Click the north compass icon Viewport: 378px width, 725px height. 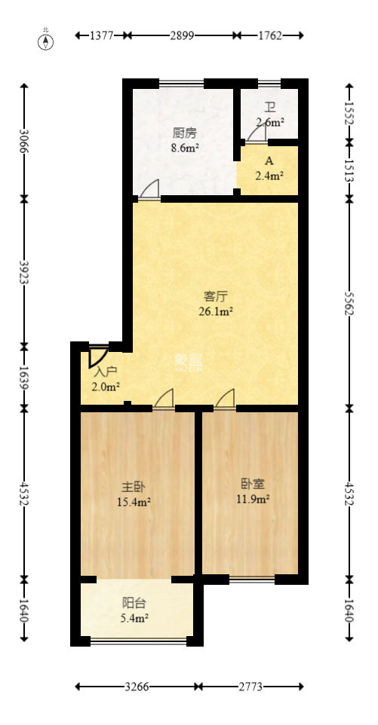[x=46, y=41]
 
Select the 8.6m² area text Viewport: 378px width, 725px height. [x=185, y=148]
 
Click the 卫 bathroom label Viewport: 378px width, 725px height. [x=269, y=108]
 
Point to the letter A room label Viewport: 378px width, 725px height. [x=269, y=161]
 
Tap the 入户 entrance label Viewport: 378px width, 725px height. [x=106, y=372]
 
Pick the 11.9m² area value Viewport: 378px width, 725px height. [x=255, y=499]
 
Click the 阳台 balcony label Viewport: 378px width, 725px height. [x=135, y=603]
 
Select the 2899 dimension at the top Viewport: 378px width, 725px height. [x=182, y=35]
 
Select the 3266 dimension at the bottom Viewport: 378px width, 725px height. [x=137, y=687]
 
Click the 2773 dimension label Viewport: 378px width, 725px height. [x=251, y=687]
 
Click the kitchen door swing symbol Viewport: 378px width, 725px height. [x=149, y=189]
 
